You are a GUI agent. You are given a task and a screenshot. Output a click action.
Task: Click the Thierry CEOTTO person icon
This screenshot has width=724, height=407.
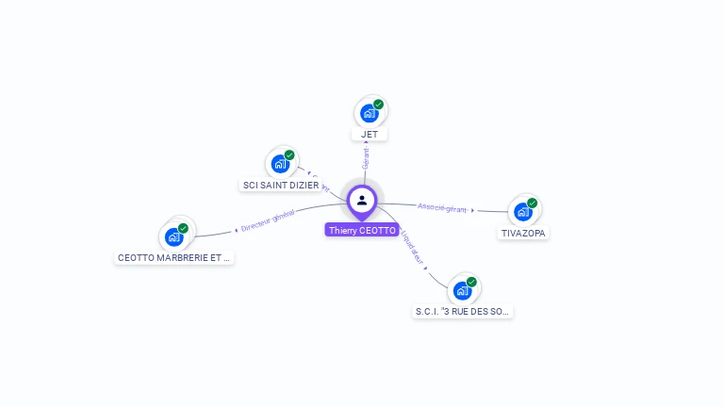coord(362,200)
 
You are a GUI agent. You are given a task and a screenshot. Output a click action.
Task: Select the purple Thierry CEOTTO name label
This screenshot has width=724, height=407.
coord(362,230)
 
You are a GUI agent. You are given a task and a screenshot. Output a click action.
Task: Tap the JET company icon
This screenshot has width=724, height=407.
coord(369,113)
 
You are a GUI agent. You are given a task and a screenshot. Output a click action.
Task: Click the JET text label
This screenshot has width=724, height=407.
coord(370,135)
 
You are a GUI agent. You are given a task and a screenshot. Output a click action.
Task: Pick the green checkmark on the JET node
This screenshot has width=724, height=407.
coord(378,105)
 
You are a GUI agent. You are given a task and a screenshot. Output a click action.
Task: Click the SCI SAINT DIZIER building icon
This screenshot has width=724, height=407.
coord(280,164)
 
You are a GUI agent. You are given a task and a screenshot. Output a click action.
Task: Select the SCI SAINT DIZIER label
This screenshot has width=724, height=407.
coord(281,186)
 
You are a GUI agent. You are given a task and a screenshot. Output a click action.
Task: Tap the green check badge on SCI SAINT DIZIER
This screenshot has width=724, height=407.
coord(289,155)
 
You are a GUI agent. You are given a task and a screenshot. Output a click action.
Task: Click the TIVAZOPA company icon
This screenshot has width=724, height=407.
coord(523,212)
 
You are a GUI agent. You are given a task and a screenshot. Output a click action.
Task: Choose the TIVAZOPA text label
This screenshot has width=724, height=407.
coord(523,233)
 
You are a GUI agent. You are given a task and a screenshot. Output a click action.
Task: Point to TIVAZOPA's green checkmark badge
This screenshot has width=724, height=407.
coord(532,203)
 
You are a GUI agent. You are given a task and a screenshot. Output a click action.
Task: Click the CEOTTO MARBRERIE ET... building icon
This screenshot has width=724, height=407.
coord(174,236)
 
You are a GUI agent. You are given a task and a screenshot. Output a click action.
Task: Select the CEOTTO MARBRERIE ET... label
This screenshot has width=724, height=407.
coord(173,257)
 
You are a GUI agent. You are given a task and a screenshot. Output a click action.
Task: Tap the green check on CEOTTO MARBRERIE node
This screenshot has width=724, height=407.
coord(183,228)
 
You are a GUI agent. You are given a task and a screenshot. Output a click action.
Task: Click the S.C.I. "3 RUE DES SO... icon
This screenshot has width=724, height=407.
coord(463,290)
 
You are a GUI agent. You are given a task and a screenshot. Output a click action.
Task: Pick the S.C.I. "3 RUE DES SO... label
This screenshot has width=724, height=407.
coord(463,311)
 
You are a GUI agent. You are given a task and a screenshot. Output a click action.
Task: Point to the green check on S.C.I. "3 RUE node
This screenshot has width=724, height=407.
coord(471,282)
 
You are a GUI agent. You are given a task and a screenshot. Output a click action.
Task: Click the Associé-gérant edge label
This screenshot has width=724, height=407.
coord(442,207)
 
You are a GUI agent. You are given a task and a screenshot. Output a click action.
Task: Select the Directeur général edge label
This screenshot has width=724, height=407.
coord(268,222)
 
